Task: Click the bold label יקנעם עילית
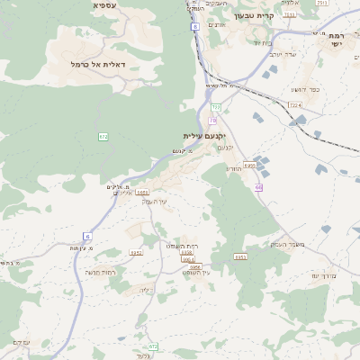[x=202, y=136]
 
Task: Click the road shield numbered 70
[x=213, y=120]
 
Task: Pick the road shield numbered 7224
[x=294, y=105]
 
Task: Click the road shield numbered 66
[x=258, y=187]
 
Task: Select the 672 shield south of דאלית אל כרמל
[x=103, y=136]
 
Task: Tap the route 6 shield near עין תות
[x=88, y=236]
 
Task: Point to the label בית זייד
[x=262, y=41]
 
